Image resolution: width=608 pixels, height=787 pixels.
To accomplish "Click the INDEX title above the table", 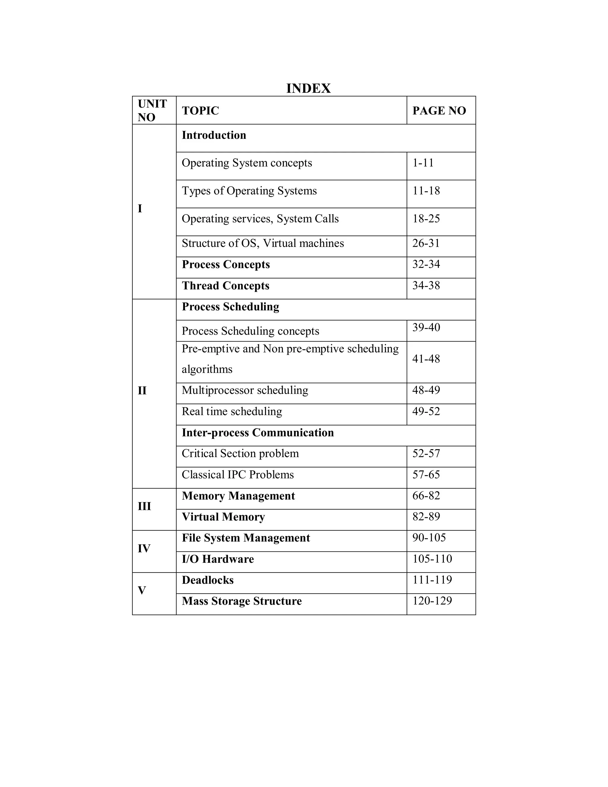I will tap(308, 88).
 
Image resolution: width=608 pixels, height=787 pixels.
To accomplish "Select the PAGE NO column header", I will tap(439, 111).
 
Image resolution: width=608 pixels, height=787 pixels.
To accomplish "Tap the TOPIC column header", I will tap(200, 111).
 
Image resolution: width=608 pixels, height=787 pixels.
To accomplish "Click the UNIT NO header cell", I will tap(152, 110).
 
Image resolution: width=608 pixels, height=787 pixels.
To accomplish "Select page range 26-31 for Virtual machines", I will tap(426, 243).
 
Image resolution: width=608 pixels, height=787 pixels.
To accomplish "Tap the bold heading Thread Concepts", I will tap(226, 286).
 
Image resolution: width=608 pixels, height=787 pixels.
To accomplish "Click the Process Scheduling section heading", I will tap(230, 307).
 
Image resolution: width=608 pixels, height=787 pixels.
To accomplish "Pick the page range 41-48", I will tap(426, 359).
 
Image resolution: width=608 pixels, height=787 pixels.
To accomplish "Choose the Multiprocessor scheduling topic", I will tap(245, 390).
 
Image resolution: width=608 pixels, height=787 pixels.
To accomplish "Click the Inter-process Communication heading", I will tap(257, 432).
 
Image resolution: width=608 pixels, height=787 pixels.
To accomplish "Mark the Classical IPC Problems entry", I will tap(237, 475).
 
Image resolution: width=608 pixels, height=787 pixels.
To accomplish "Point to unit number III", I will tap(144, 506).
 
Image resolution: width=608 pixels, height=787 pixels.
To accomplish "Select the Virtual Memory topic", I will tap(223, 517).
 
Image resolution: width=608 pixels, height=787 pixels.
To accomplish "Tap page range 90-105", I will tap(429, 538).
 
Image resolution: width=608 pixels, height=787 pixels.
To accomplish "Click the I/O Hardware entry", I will tap(218, 559).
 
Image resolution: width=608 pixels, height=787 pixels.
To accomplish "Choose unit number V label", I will tap(142, 590).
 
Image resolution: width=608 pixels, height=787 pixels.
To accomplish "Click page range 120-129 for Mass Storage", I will tap(432, 601).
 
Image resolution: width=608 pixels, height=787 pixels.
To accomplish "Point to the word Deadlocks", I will tap(208, 580).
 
